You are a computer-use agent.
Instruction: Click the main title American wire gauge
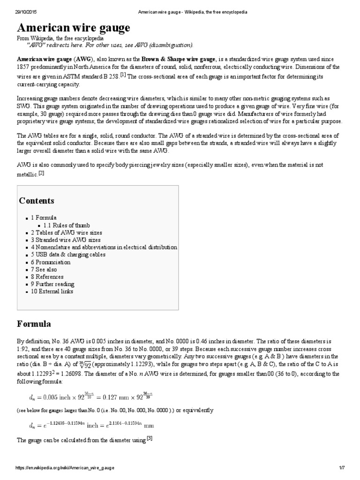click(73, 28)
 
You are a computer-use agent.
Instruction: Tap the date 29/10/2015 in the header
click(23, 11)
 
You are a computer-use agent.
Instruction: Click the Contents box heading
click(37, 201)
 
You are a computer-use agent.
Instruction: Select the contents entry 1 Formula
click(44, 218)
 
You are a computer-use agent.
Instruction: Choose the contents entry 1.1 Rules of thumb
click(67, 225)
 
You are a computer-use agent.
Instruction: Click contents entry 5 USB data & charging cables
click(68, 255)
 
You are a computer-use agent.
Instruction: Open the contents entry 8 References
click(47, 277)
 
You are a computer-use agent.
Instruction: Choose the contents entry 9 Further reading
click(52, 284)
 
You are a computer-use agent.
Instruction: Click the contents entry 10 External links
click(52, 291)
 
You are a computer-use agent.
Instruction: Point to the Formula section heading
click(34, 324)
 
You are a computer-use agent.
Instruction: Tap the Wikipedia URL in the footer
click(65, 468)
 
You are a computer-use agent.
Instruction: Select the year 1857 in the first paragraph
click(24, 67)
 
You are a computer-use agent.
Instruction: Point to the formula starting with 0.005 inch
click(90, 397)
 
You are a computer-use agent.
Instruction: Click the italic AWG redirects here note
click(110, 45)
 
